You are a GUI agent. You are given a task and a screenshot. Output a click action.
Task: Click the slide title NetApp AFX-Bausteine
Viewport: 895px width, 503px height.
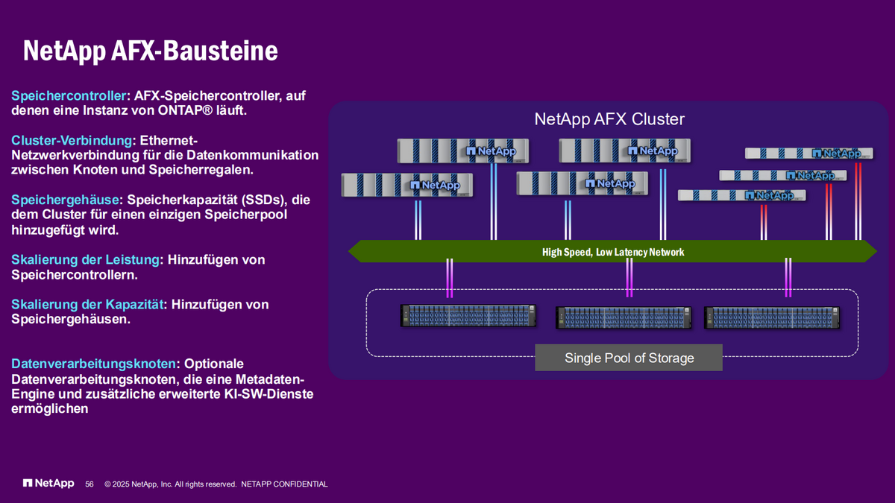(x=150, y=51)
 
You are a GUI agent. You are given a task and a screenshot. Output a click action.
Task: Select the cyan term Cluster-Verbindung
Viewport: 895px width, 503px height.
(x=72, y=140)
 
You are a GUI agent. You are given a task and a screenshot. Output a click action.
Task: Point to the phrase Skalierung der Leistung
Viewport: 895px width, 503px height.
(x=86, y=259)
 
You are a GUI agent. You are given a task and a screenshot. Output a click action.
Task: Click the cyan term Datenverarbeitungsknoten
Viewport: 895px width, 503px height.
(x=95, y=364)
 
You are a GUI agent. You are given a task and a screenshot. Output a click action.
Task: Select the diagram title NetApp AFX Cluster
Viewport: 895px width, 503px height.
(x=609, y=119)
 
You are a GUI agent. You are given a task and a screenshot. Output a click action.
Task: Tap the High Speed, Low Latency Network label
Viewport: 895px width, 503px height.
(x=613, y=252)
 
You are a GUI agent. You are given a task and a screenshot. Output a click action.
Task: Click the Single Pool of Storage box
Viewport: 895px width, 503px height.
(x=629, y=358)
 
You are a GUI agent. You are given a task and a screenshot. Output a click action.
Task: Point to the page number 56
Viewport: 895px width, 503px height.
(x=89, y=484)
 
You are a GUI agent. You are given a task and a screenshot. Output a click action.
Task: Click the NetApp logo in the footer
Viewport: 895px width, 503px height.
(x=48, y=484)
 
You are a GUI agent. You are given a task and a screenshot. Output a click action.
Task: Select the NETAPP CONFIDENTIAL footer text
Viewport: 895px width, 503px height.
(x=284, y=484)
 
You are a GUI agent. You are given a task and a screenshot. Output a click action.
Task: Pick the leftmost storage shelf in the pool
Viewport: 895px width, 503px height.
(x=468, y=315)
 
